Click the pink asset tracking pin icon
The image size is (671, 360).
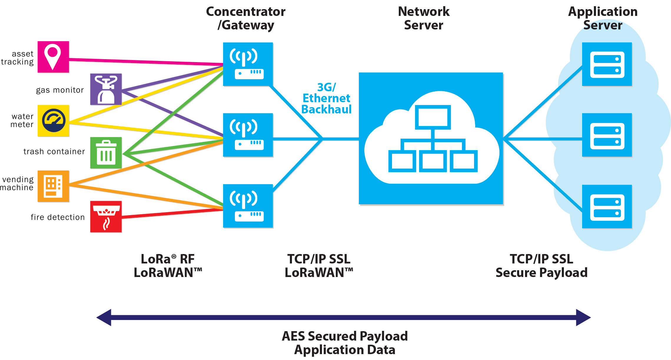pos(53,57)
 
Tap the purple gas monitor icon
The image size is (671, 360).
pos(106,89)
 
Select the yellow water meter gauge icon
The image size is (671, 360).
pos(54,121)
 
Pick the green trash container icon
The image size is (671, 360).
pos(106,153)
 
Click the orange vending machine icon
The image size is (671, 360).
pos(54,186)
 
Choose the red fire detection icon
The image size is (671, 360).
pos(106,217)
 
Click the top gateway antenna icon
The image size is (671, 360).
pos(248,64)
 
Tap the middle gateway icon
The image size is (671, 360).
pos(248,135)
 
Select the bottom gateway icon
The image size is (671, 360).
pos(248,206)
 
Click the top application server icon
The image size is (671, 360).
pos(607,64)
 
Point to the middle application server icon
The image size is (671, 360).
pos(607,135)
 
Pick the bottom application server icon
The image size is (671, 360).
pos(607,207)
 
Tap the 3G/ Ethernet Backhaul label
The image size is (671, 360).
pos(326,98)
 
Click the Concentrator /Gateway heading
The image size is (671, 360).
pos(246,18)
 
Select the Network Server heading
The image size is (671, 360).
pos(424,18)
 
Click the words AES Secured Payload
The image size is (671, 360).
pos(345,336)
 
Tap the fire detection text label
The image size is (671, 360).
pos(58,217)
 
